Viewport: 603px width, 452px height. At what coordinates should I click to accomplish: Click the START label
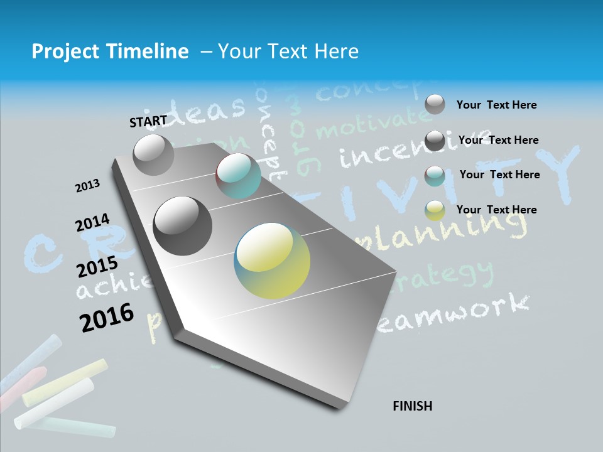tap(148, 121)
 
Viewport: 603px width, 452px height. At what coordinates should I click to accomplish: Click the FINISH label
tap(412, 406)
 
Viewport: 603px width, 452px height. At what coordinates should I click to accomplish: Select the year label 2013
tap(87, 186)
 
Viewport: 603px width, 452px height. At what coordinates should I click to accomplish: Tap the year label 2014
tap(92, 223)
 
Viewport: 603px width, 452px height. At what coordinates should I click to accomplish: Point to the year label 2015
tap(97, 267)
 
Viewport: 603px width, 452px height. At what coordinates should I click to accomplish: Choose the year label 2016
tap(107, 317)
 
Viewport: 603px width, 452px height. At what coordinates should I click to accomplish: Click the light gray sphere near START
tap(153, 154)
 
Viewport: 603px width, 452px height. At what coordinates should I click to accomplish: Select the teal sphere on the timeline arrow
tap(238, 176)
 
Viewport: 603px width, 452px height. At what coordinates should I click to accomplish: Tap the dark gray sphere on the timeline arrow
tap(182, 225)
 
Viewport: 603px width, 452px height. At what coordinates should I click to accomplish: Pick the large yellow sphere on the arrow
tap(272, 260)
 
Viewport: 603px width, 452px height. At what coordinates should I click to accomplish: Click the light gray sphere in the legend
tap(435, 104)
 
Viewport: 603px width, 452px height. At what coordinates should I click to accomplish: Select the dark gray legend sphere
tap(435, 141)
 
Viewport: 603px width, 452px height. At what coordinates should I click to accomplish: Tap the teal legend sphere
tap(435, 176)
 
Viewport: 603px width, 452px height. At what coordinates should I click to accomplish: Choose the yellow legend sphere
tap(435, 211)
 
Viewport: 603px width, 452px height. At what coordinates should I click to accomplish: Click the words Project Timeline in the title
tap(110, 51)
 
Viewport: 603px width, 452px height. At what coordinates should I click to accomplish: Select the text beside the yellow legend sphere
tap(496, 210)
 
